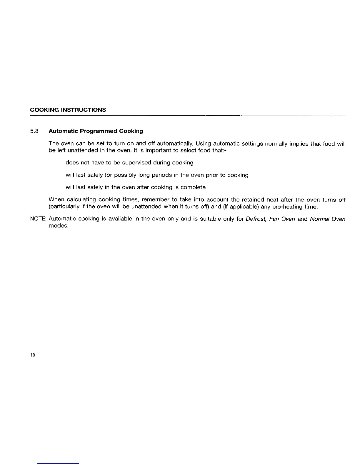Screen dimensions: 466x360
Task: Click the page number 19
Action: [33, 355]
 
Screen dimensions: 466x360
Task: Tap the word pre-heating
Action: [289, 207]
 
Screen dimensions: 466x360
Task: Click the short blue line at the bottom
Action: [59, 463]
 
